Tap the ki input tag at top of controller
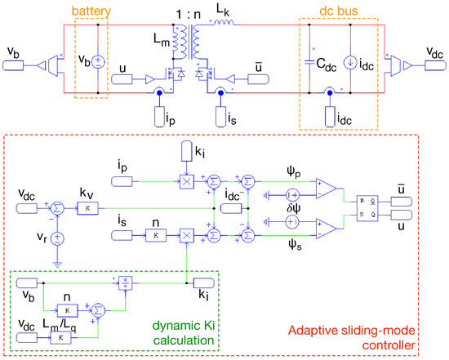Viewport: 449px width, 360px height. click(x=185, y=152)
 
